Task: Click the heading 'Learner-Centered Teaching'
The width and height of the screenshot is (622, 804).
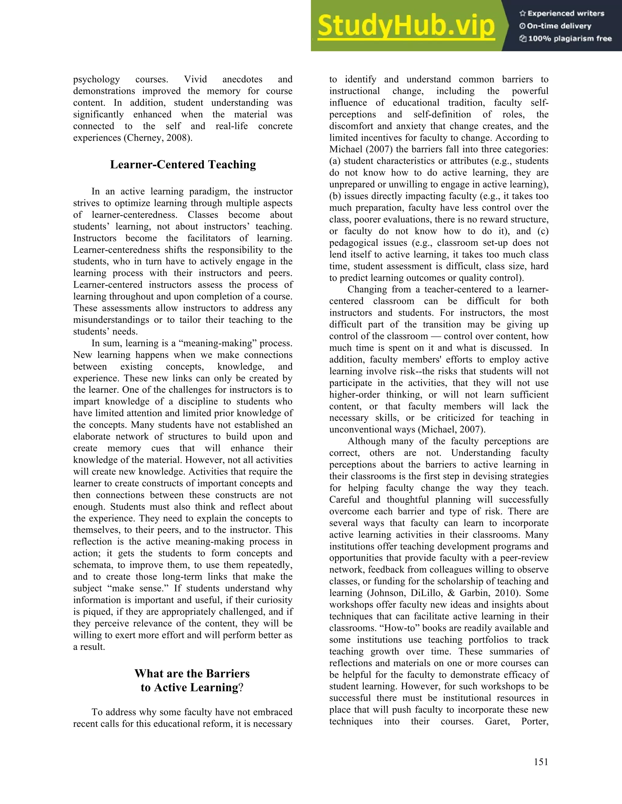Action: pos(183,164)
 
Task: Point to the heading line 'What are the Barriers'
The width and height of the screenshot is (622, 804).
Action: pos(192,673)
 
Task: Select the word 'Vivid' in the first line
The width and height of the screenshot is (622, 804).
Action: pos(195,79)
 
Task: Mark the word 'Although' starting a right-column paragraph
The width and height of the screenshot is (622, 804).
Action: pos(366,441)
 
